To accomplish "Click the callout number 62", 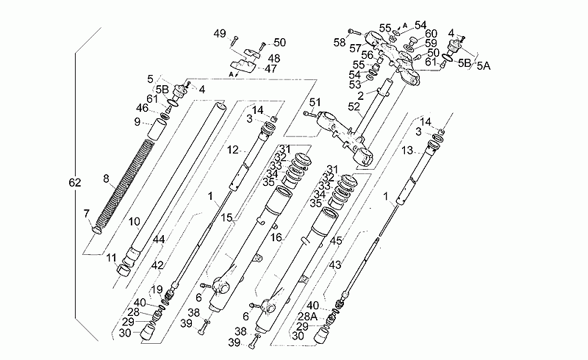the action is [x=75, y=183].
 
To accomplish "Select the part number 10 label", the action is [x=135, y=222].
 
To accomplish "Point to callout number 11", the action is [x=111, y=258].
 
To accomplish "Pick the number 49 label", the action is [x=220, y=34].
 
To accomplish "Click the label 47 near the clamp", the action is [x=270, y=68].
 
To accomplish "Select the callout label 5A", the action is [x=484, y=66].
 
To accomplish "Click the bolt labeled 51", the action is [x=309, y=113].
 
